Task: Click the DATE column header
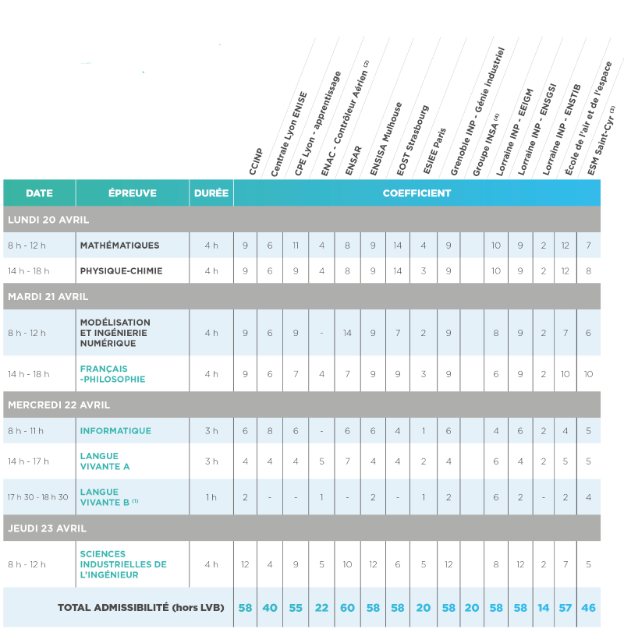click(39, 193)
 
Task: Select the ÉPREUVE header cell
click(132, 193)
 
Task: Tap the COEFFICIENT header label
click(417, 193)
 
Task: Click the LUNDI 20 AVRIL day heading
click(48, 220)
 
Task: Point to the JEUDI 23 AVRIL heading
click(48, 528)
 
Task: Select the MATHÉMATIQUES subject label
click(119, 246)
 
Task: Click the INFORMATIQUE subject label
click(115, 431)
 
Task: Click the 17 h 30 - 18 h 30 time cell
click(38, 497)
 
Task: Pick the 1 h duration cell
click(211, 497)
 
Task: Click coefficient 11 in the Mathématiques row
click(296, 246)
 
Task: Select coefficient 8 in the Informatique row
click(270, 431)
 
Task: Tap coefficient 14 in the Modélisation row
click(347, 333)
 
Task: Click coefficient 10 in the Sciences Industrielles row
click(347, 564)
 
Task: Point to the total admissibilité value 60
click(347, 607)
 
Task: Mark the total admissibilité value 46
click(589, 607)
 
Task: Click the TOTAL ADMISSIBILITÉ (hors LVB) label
click(140, 607)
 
